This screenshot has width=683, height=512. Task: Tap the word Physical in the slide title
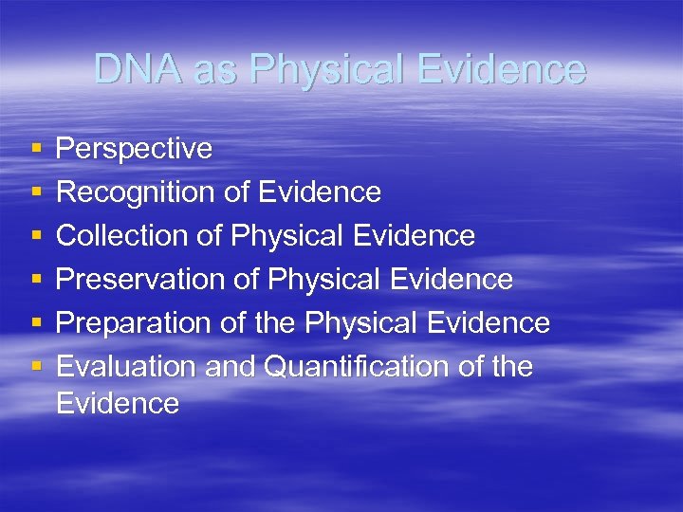click(x=317, y=69)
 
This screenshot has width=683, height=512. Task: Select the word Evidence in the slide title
click(x=502, y=69)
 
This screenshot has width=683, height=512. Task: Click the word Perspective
click(x=134, y=149)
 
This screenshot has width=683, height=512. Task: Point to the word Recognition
click(x=137, y=192)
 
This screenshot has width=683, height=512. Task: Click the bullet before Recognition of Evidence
click(x=35, y=193)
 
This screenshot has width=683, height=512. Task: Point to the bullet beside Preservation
click(x=35, y=281)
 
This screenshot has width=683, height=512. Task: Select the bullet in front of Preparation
click(x=35, y=324)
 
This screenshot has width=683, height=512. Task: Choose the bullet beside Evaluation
click(x=35, y=368)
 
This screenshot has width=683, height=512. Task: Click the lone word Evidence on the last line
click(x=118, y=403)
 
